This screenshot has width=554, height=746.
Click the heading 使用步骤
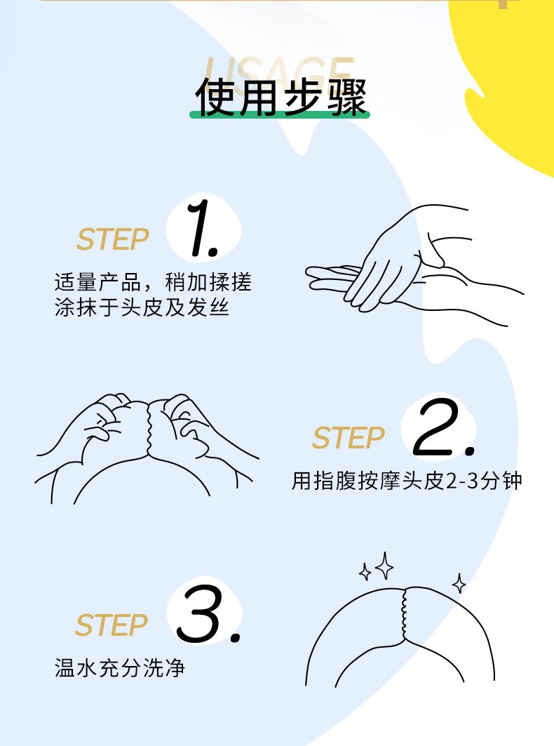point(281,97)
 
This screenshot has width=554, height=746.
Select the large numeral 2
point(443,427)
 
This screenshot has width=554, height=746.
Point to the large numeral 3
point(208,614)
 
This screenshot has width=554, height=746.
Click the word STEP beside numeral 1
point(113,239)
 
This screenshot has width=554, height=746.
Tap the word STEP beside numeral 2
point(349,438)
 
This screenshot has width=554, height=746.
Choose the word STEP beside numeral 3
point(112,625)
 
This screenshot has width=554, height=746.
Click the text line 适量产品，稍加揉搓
point(153,282)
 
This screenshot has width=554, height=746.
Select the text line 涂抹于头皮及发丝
point(142,307)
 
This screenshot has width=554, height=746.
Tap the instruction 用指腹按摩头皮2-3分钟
point(407,481)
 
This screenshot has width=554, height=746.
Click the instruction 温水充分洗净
point(119,668)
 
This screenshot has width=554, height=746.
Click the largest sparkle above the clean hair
point(384,566)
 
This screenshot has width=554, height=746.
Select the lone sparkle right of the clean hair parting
point(459,583)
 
